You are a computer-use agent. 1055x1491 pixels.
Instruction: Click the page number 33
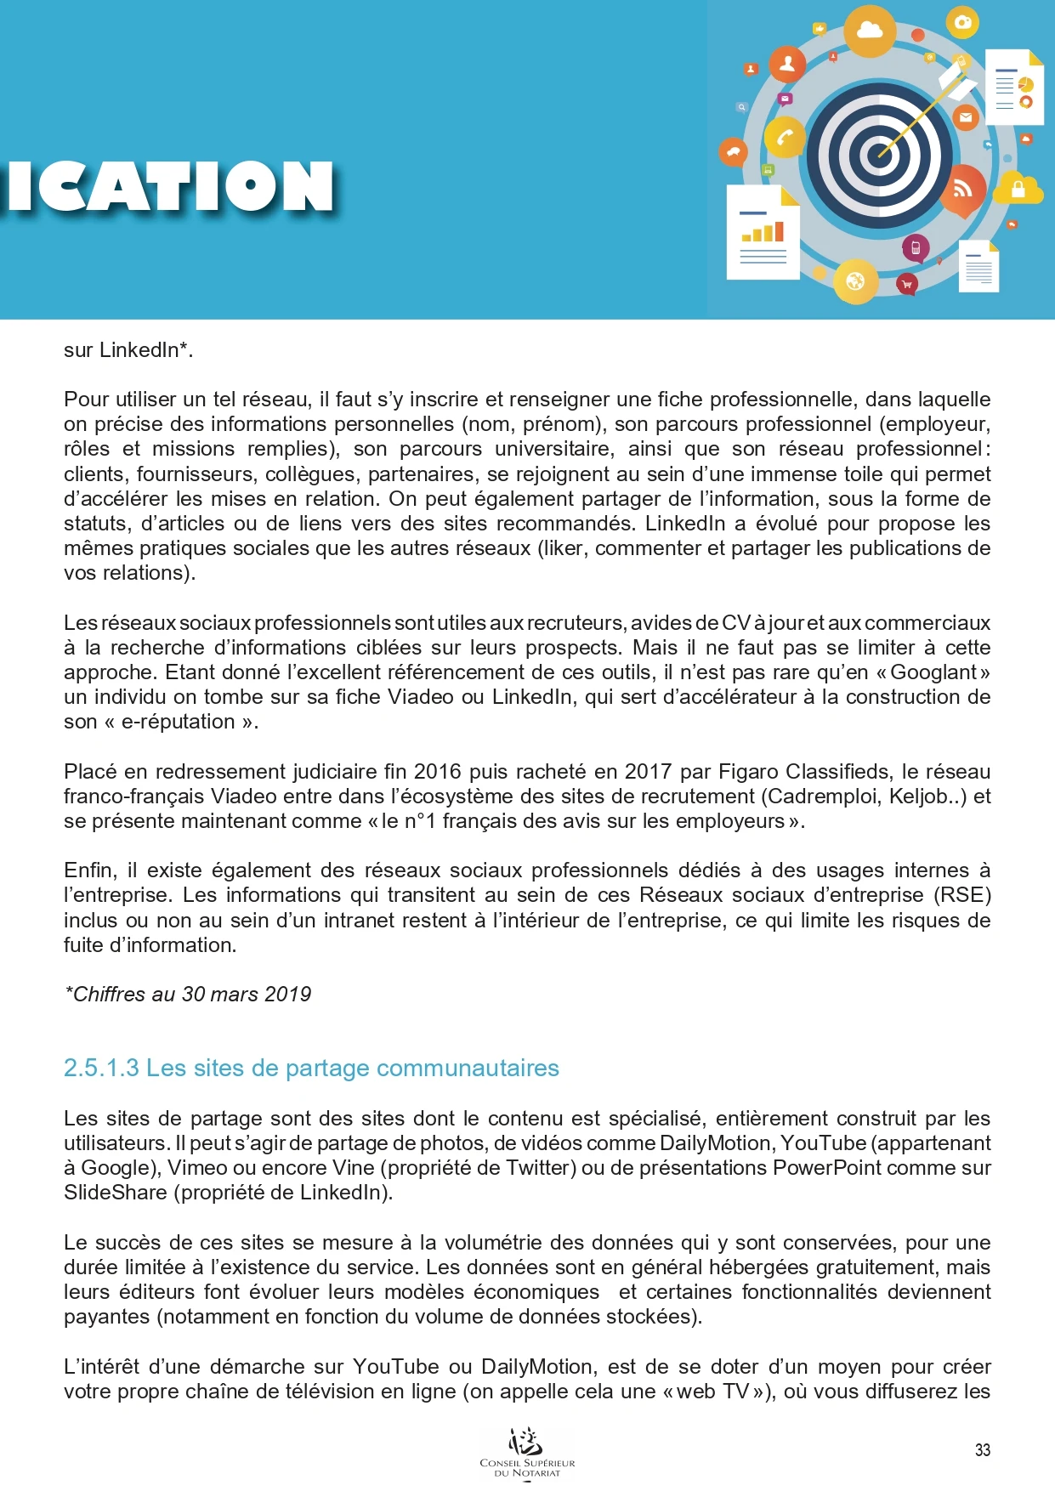982,1450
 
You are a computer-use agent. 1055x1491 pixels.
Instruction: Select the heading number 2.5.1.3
100,1069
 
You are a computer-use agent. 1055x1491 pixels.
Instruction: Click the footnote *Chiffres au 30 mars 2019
188,995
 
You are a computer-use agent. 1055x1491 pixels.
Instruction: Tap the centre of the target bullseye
879,156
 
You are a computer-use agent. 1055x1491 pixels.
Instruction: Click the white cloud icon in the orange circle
870,31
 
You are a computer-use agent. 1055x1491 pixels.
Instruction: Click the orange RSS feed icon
962,190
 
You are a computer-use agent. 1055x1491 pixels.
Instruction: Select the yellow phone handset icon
784,138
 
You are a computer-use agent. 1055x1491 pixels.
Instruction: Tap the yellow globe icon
855,281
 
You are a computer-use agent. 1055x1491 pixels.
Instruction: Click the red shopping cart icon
906,285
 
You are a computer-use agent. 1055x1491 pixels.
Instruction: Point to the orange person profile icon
787,64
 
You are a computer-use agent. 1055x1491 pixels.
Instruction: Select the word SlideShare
116,1193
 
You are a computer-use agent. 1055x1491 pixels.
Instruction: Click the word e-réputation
178,722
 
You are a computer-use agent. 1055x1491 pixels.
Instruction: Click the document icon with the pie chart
1013,87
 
